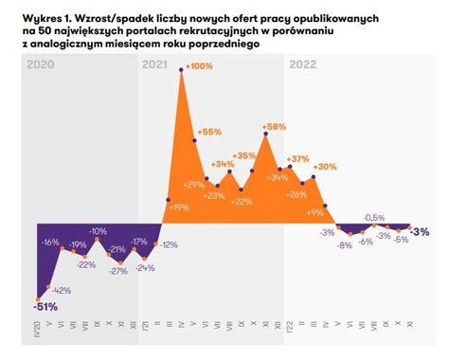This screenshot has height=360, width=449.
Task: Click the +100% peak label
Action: (200, 65)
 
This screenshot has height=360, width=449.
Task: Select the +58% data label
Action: (274, 126)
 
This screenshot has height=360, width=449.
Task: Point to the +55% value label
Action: (209, 132)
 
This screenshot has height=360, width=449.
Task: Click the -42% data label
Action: (61, 290)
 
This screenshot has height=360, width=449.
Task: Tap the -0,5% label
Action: (374, 217)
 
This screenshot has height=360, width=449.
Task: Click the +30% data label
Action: (325, 167)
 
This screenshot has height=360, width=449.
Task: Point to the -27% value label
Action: (118, 271)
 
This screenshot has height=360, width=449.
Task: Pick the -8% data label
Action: (344, 245)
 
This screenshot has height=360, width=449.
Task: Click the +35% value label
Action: (244, 155)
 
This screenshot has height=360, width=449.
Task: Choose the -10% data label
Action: (98, 230)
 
